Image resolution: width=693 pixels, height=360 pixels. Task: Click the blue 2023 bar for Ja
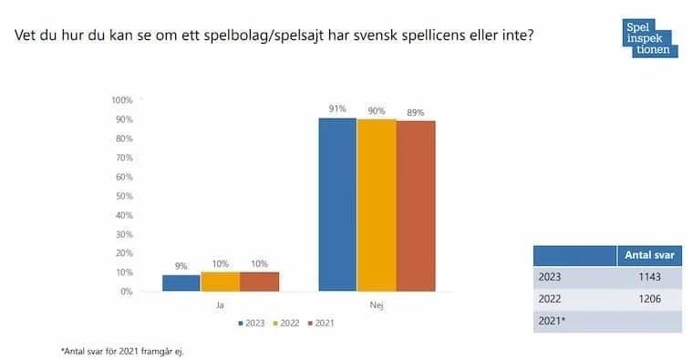tap(181, 283)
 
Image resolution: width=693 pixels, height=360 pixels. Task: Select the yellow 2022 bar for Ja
tap(220, 282)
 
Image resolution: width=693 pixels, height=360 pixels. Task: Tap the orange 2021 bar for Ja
tap(259, 282)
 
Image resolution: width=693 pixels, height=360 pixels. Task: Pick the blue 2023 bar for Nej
tap(337, 205)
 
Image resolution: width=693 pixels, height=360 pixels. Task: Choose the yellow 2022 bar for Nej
tap(376, 206)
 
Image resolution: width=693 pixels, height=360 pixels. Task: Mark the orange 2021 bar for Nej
tap(415, 207)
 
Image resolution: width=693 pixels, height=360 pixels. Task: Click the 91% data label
tap(337, 109)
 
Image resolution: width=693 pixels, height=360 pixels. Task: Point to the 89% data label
tap(416, 113)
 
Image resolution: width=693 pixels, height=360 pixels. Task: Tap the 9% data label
tap(181, 267)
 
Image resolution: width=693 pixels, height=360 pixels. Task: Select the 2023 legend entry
tap(252, 323)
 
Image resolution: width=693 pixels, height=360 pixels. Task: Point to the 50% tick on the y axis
tap(122, 196)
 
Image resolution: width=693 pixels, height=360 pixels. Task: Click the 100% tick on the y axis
tap(120, 100)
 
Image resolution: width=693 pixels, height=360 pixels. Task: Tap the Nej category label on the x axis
tap(376, 306)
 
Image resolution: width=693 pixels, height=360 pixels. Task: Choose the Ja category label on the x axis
tap(220, 306)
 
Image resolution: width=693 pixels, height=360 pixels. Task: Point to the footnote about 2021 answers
tap(121, 350)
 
